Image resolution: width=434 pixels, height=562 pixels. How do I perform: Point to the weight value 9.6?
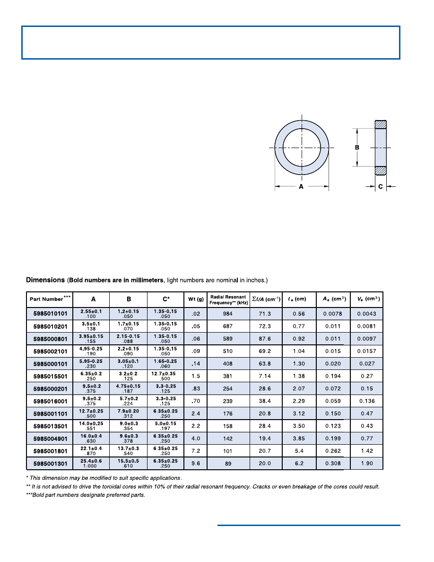pyautogui.click(x=196, y=464)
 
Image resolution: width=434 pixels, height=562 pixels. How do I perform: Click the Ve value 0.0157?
pyautogui.click(x=367, y=351)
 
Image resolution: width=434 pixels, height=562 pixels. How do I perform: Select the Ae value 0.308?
pyautogui.click(x=333, y=464)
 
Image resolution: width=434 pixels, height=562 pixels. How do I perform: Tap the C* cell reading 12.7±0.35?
pyautogui.click(x=165, y=373)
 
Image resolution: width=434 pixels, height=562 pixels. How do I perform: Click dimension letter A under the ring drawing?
pyautogui.click(x=301, y=187)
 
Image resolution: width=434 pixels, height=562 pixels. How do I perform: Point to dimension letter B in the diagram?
pyautogui.click(x=357, y=148)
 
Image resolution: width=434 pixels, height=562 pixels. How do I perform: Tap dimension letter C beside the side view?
pyautogui.click(x=381, y=187)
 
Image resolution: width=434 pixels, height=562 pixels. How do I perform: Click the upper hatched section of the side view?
pyautogui.click(x=381, y=124)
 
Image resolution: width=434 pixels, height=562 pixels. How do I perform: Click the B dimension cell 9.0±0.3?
pyautogui.click(x=129, y=423)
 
